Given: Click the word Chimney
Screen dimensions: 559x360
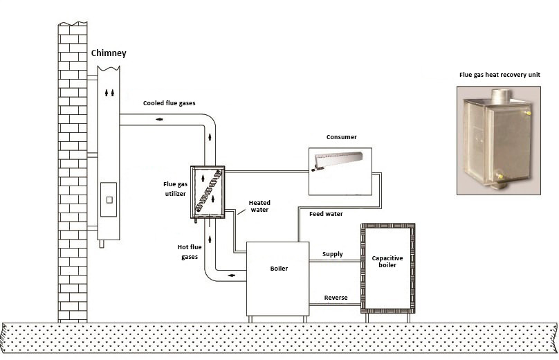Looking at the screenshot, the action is point(109,53).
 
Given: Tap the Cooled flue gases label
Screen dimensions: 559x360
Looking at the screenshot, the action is point(169,103).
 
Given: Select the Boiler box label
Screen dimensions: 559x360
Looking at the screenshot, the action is point(279,269).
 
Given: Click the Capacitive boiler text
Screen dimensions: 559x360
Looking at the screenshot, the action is point(387,262).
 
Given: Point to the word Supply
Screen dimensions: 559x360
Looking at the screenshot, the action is point(333,254).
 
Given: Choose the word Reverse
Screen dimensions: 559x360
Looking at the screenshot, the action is point(336,298).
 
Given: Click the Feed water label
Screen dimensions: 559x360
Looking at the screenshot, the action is point(326,214).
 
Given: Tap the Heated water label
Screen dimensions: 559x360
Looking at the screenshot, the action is point(259,206).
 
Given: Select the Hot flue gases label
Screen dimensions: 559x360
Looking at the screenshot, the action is point(190,252).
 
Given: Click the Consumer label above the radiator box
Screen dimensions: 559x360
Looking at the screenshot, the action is point(342,137).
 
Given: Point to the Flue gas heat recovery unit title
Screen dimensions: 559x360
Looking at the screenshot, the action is point(500,75).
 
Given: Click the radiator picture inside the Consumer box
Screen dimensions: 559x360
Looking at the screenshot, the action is point(337,161).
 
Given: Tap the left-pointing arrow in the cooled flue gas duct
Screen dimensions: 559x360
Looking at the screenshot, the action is point(159,119).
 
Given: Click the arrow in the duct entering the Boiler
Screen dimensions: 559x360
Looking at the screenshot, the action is point(232,276).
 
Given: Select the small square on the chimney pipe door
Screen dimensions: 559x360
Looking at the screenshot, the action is point(109,200).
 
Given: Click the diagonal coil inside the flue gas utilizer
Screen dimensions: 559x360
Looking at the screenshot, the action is point(209,190).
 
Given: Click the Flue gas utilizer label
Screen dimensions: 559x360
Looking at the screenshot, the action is point(175,189).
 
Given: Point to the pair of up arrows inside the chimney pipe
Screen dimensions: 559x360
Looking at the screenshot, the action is point(109,93).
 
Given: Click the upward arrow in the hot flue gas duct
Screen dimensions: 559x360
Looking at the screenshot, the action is point(210,239).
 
